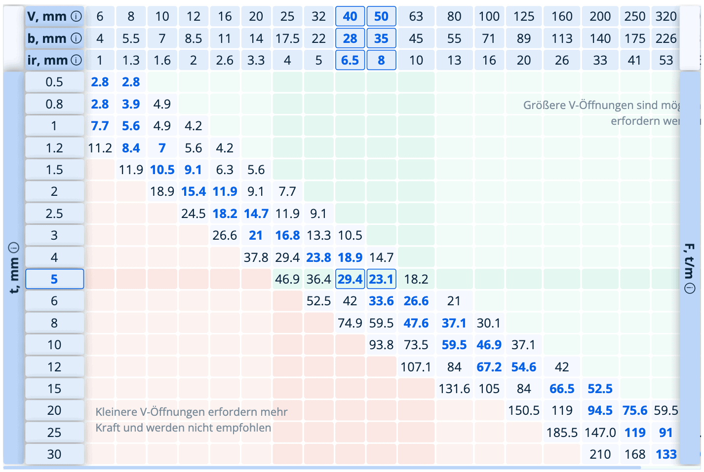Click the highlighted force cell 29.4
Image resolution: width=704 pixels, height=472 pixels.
350,279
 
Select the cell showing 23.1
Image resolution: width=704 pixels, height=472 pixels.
381,279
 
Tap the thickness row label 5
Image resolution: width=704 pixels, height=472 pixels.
54,279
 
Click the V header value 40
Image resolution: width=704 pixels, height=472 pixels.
350,16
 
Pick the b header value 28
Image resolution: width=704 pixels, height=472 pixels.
350,38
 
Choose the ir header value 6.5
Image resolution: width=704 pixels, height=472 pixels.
350,60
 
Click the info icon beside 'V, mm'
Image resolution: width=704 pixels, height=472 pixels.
76,16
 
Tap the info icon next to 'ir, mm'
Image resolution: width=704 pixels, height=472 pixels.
76,60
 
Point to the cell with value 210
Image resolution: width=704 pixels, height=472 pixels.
600,454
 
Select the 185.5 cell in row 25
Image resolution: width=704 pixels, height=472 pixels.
562,433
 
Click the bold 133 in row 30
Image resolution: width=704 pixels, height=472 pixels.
666,454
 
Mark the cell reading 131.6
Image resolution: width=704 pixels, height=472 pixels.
454,389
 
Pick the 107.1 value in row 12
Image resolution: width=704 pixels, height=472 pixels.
416,367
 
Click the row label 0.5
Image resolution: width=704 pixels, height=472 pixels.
54,82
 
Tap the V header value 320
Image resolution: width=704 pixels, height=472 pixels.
666,16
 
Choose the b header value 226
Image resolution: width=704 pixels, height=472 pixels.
666,38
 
